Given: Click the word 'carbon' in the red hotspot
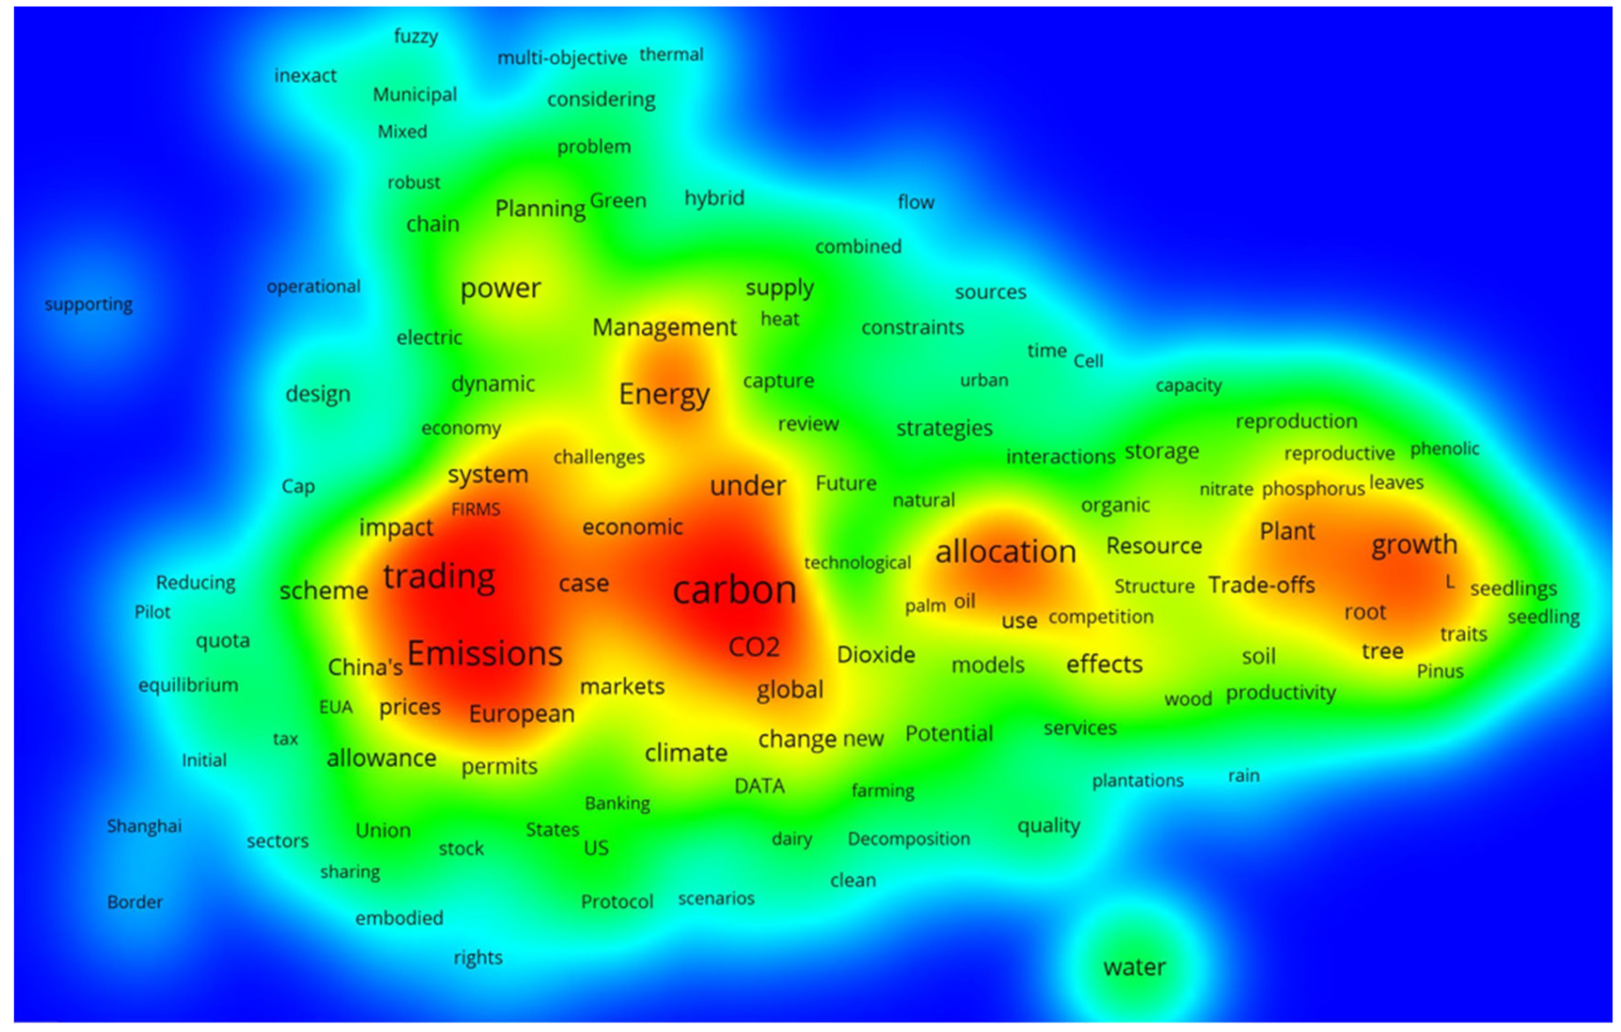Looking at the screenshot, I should coord(734,590).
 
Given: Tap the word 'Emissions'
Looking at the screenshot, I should coord(485,654).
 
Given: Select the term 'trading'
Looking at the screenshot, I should coord(439,576).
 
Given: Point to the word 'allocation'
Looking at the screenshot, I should coord(1005,552).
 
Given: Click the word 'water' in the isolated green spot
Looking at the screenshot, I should coord(1135,967).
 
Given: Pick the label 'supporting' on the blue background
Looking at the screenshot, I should coord(88,304).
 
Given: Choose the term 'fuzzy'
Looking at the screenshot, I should coord(415,36).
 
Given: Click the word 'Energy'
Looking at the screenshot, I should coord(664,395).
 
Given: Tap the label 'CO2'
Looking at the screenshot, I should coord(754,647).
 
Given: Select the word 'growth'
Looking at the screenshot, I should coord(1414,545).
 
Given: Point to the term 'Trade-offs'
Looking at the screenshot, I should coord(1262,585).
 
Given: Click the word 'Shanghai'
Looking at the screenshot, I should coord(144,826).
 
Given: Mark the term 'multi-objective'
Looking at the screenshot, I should coord(562,58).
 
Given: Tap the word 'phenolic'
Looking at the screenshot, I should coord(1444,449).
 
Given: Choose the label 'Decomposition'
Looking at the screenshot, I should coord(908,839).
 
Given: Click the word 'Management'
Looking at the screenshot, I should coord(664,327).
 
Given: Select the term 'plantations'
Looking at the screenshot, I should coord(1138,781).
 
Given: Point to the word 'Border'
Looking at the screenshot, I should coord(135,901).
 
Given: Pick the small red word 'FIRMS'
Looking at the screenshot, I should coord(475,509).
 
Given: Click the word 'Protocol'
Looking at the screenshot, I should coord(617,901).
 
